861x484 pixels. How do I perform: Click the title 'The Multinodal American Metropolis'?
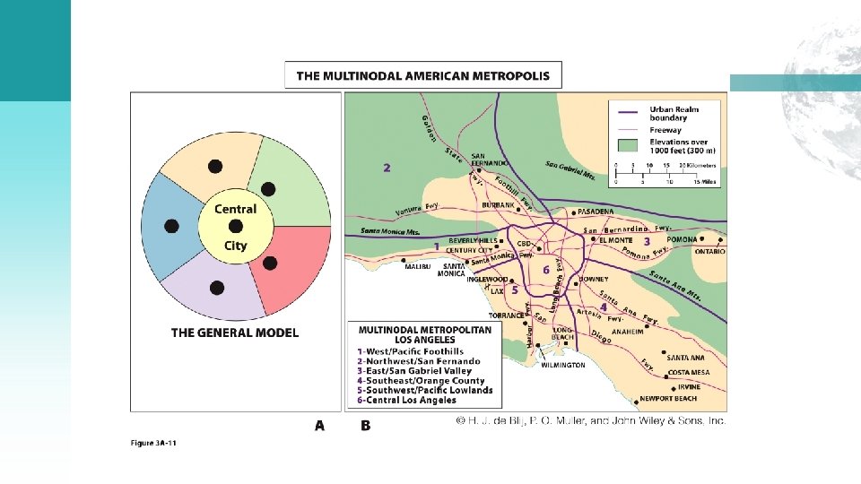423,75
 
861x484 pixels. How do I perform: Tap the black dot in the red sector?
270,264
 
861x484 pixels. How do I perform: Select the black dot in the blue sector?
171,225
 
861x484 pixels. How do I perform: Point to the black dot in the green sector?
267,187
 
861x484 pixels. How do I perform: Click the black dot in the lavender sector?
216,288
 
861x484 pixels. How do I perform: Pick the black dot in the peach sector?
214,166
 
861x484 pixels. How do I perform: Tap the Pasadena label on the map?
596,212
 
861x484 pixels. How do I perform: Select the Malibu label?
418,266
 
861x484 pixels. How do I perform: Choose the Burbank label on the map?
499,205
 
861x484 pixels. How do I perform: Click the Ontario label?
709,252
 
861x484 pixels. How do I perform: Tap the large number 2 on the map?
387,168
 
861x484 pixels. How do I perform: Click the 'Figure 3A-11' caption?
153,443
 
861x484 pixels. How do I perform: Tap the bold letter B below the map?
365,426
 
